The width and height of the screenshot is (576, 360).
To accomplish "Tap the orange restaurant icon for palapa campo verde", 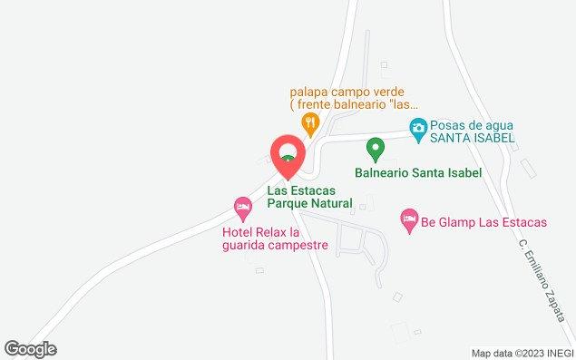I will (x=310, y=121).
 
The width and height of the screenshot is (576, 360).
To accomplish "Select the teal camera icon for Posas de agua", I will (x=417, y=128).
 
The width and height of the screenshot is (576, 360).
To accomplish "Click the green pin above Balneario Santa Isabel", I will (x=373, y=147).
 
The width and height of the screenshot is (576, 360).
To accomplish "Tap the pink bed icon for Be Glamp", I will (x=409, y=219).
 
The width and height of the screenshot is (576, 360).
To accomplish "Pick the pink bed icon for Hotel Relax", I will (x=242, y=209).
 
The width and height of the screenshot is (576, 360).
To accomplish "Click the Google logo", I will (x=30, y=349).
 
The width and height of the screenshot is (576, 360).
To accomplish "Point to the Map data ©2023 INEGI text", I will (x=522, y=353).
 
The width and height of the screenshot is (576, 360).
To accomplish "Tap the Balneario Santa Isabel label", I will (x=416, y=171).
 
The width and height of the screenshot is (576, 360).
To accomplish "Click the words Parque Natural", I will (x=309, y=204).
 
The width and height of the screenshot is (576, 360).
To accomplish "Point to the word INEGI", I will (x=556, y=353).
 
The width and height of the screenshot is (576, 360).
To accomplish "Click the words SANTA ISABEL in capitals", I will (x=472, y=138).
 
